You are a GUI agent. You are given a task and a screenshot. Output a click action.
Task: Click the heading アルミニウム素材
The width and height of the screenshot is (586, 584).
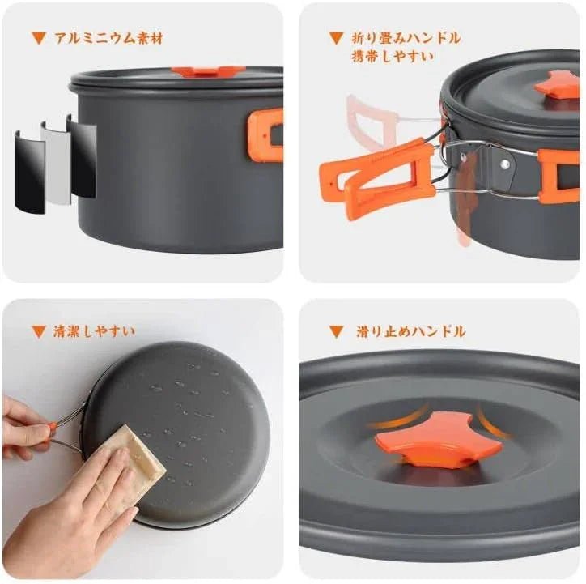coord(108,38)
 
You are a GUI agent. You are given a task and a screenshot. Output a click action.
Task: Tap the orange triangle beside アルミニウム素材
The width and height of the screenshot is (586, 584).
coord(39,38)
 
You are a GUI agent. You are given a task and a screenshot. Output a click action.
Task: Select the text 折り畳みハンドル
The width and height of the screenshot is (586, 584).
coord(406,38)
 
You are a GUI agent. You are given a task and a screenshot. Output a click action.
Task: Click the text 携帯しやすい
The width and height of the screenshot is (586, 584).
coord(393,57)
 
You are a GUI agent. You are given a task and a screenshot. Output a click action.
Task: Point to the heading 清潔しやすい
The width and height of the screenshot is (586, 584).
coord(94,331)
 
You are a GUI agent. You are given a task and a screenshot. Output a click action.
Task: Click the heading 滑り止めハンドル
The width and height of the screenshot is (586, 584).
coord(410,331)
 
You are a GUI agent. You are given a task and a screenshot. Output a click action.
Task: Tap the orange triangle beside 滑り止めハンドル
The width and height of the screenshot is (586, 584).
coord(336,331)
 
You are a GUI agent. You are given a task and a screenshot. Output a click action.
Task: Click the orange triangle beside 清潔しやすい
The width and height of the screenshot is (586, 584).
coord(39,331)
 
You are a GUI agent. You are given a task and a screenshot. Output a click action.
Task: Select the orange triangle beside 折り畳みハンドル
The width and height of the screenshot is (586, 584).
coord(336,38)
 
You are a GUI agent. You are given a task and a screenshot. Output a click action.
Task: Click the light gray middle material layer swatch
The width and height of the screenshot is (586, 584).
coord(56,163)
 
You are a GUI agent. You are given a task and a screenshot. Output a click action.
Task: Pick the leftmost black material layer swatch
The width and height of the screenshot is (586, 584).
coord(29,173)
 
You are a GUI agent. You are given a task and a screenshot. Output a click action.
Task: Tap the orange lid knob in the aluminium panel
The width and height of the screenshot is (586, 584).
coord(208,71)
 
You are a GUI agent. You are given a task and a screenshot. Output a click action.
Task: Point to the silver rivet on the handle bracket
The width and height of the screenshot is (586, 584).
coord(505,164)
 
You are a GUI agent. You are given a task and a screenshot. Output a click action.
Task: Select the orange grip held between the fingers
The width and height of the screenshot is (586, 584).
coord(53,427)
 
